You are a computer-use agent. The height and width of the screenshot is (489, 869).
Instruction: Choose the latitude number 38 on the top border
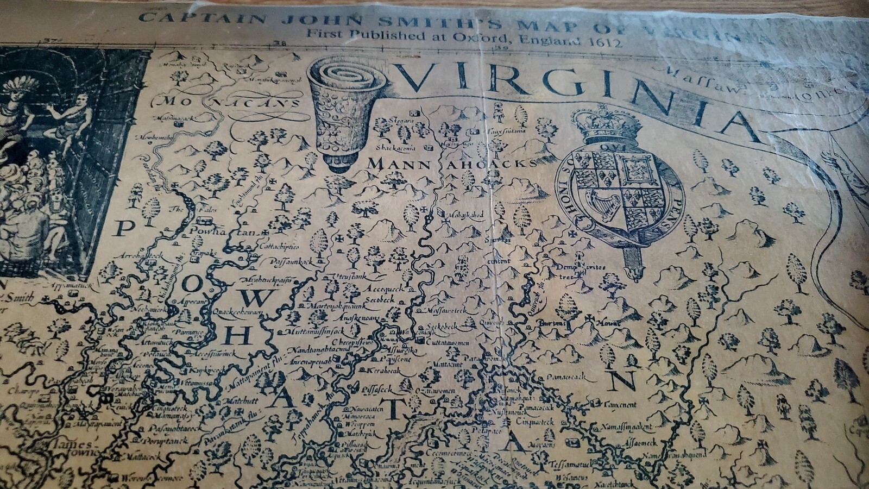pos(280,44)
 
